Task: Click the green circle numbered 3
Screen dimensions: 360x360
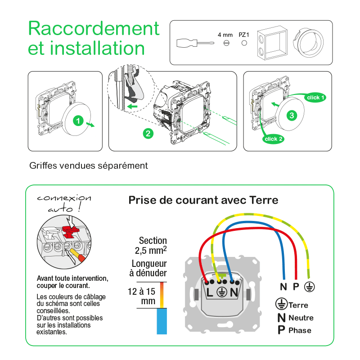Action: [292, 115]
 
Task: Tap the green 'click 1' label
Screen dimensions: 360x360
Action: [315, 97]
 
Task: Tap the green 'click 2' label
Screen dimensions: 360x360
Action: [274, 139]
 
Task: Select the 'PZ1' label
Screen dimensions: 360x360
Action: [244, 34]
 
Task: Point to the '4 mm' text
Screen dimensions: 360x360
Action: [225, 34]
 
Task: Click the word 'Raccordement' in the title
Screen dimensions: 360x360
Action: [94, 28]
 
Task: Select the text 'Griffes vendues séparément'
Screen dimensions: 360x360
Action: [89, 166]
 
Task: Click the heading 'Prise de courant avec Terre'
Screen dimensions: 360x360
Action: [203, 200]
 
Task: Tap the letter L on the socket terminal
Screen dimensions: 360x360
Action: [210, 292]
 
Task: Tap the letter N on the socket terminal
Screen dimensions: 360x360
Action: [234, 292]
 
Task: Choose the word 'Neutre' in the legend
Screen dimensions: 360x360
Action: [301, 318]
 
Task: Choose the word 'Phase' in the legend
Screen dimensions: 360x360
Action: [300, 330]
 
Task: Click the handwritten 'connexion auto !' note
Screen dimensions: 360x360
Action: [63, 203]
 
